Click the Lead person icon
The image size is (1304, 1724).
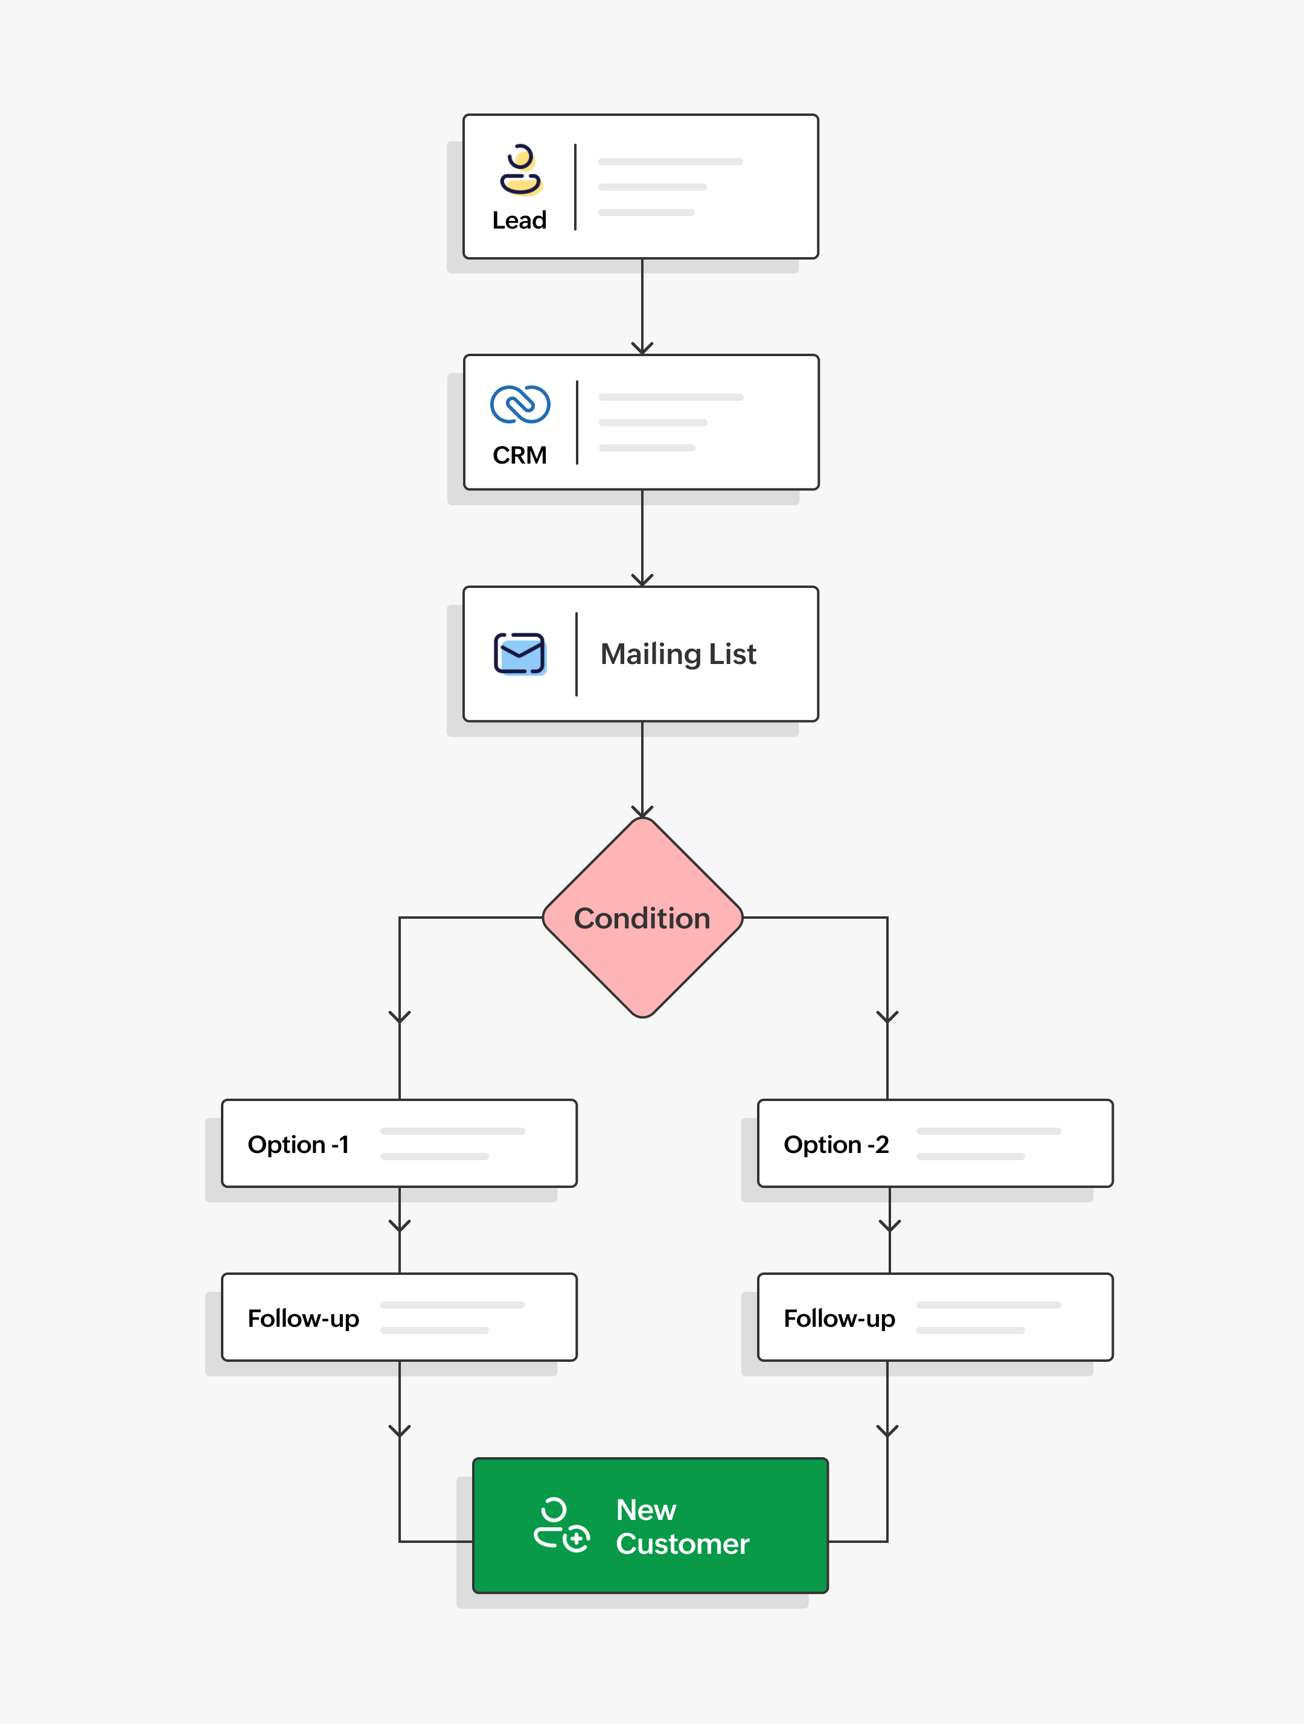click(520, 169)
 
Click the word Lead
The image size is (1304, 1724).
click(519, 220)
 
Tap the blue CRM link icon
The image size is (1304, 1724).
click(520, 404)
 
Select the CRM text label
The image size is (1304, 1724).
click(520, 455)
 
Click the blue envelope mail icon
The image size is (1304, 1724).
click(520, 653)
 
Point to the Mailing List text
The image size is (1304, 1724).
click(678, 654)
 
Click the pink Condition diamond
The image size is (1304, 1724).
click(642, 918)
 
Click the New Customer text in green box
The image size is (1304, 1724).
click(682, 1527)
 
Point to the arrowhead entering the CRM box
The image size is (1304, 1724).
click(642, 348)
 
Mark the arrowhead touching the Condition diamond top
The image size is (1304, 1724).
click(642, 811)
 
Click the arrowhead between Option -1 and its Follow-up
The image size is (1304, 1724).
click(400, 1226)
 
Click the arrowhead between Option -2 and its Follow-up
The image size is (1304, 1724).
click(889, 1226)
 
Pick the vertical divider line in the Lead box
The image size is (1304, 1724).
click(575, 187)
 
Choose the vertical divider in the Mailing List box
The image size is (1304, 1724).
click(577, 654)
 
